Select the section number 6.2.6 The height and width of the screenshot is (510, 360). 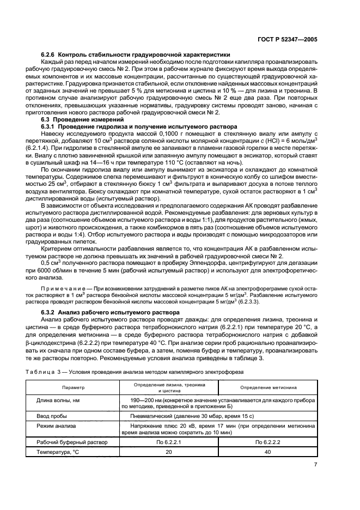click(x=48, y=55)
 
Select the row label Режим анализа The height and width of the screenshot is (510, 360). click(x=56, y=426)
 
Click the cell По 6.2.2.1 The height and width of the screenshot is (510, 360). click(x=168, y=442)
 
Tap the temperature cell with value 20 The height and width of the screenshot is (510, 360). click(x=168, y=453)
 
